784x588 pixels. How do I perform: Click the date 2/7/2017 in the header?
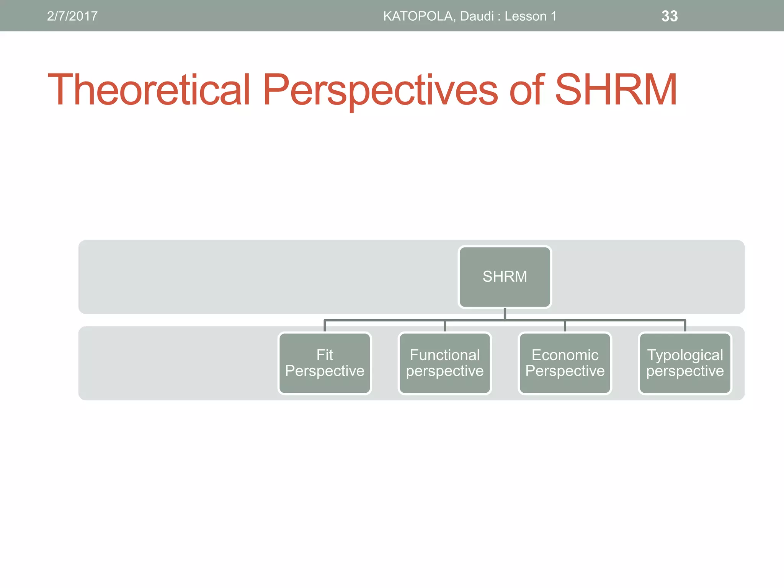pyautogui.click(x=72, y=16)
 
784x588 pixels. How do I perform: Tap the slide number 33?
pyautogui.click(x=669, y=16)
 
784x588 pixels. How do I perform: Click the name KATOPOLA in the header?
pyautogui.click(x=419, y=16)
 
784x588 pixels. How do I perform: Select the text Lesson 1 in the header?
pyautogui.click(x=530, y=16)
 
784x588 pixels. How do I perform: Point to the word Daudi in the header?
pyautogui.click(x=477, y=16)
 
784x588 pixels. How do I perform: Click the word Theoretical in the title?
pyautogui.click(x=149, y=90)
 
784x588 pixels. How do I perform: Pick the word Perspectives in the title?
pyautogui.click(x=380, y=90)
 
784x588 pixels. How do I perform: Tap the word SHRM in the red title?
pyautogui.click(x=616, y=90)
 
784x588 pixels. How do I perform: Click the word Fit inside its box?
pyautogui.click(x=325, y=355)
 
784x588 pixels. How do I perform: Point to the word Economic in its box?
pyautogui.click(x=565, y=355)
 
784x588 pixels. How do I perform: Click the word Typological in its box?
pyautogui.click(x=685, y=355)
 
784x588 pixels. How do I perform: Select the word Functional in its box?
pyautogui.click(x=444, y=355)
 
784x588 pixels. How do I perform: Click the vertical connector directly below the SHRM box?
pyautogui.click(x=505, y=314)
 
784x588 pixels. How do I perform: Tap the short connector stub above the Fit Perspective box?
pyautogui.click(x=325, y=326)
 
